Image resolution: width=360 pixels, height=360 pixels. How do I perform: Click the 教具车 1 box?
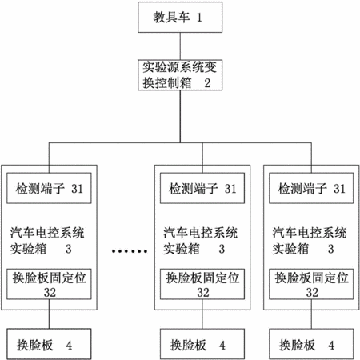[x=180, y=18]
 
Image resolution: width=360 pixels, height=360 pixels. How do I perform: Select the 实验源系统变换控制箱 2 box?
[x=180, y=75]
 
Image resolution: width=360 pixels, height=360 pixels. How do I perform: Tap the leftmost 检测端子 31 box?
[x=49, y=188]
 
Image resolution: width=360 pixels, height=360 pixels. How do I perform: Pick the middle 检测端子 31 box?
[x=202, y=188]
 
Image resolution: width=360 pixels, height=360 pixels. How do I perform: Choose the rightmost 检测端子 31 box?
[x=311, y=188]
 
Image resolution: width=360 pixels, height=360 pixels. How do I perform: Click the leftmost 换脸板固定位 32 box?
[x=49, y=284]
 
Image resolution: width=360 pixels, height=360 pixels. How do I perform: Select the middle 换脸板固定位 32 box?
[x=202, y=284]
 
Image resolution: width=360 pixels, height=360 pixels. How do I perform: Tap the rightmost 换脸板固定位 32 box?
[x=311, y=284]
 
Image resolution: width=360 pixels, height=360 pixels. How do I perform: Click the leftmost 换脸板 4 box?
[x=49, y=344]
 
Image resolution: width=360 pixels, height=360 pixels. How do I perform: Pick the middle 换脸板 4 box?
[x=202, y=344]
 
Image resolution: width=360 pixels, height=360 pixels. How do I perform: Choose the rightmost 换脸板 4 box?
[x=311, y=344]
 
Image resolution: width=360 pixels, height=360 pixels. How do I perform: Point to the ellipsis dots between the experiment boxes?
[x=130, y=251]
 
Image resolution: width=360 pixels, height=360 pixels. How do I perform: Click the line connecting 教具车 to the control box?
[x=180, y=46]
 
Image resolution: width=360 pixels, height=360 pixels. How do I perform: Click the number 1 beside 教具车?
[x=199, y=18]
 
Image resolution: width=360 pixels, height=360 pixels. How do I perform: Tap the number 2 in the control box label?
[x=207, y=83]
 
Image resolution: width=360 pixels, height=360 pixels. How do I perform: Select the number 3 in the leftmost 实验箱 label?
[x=69, y=249]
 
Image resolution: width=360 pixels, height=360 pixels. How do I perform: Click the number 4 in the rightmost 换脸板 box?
[x=331, y=346]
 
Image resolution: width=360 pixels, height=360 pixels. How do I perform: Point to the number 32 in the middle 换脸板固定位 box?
[x=203, y=292]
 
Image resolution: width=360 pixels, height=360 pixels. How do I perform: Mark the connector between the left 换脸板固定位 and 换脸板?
[x=49, y=314]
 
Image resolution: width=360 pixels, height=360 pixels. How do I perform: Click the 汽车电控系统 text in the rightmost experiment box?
[x=310, y=233]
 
